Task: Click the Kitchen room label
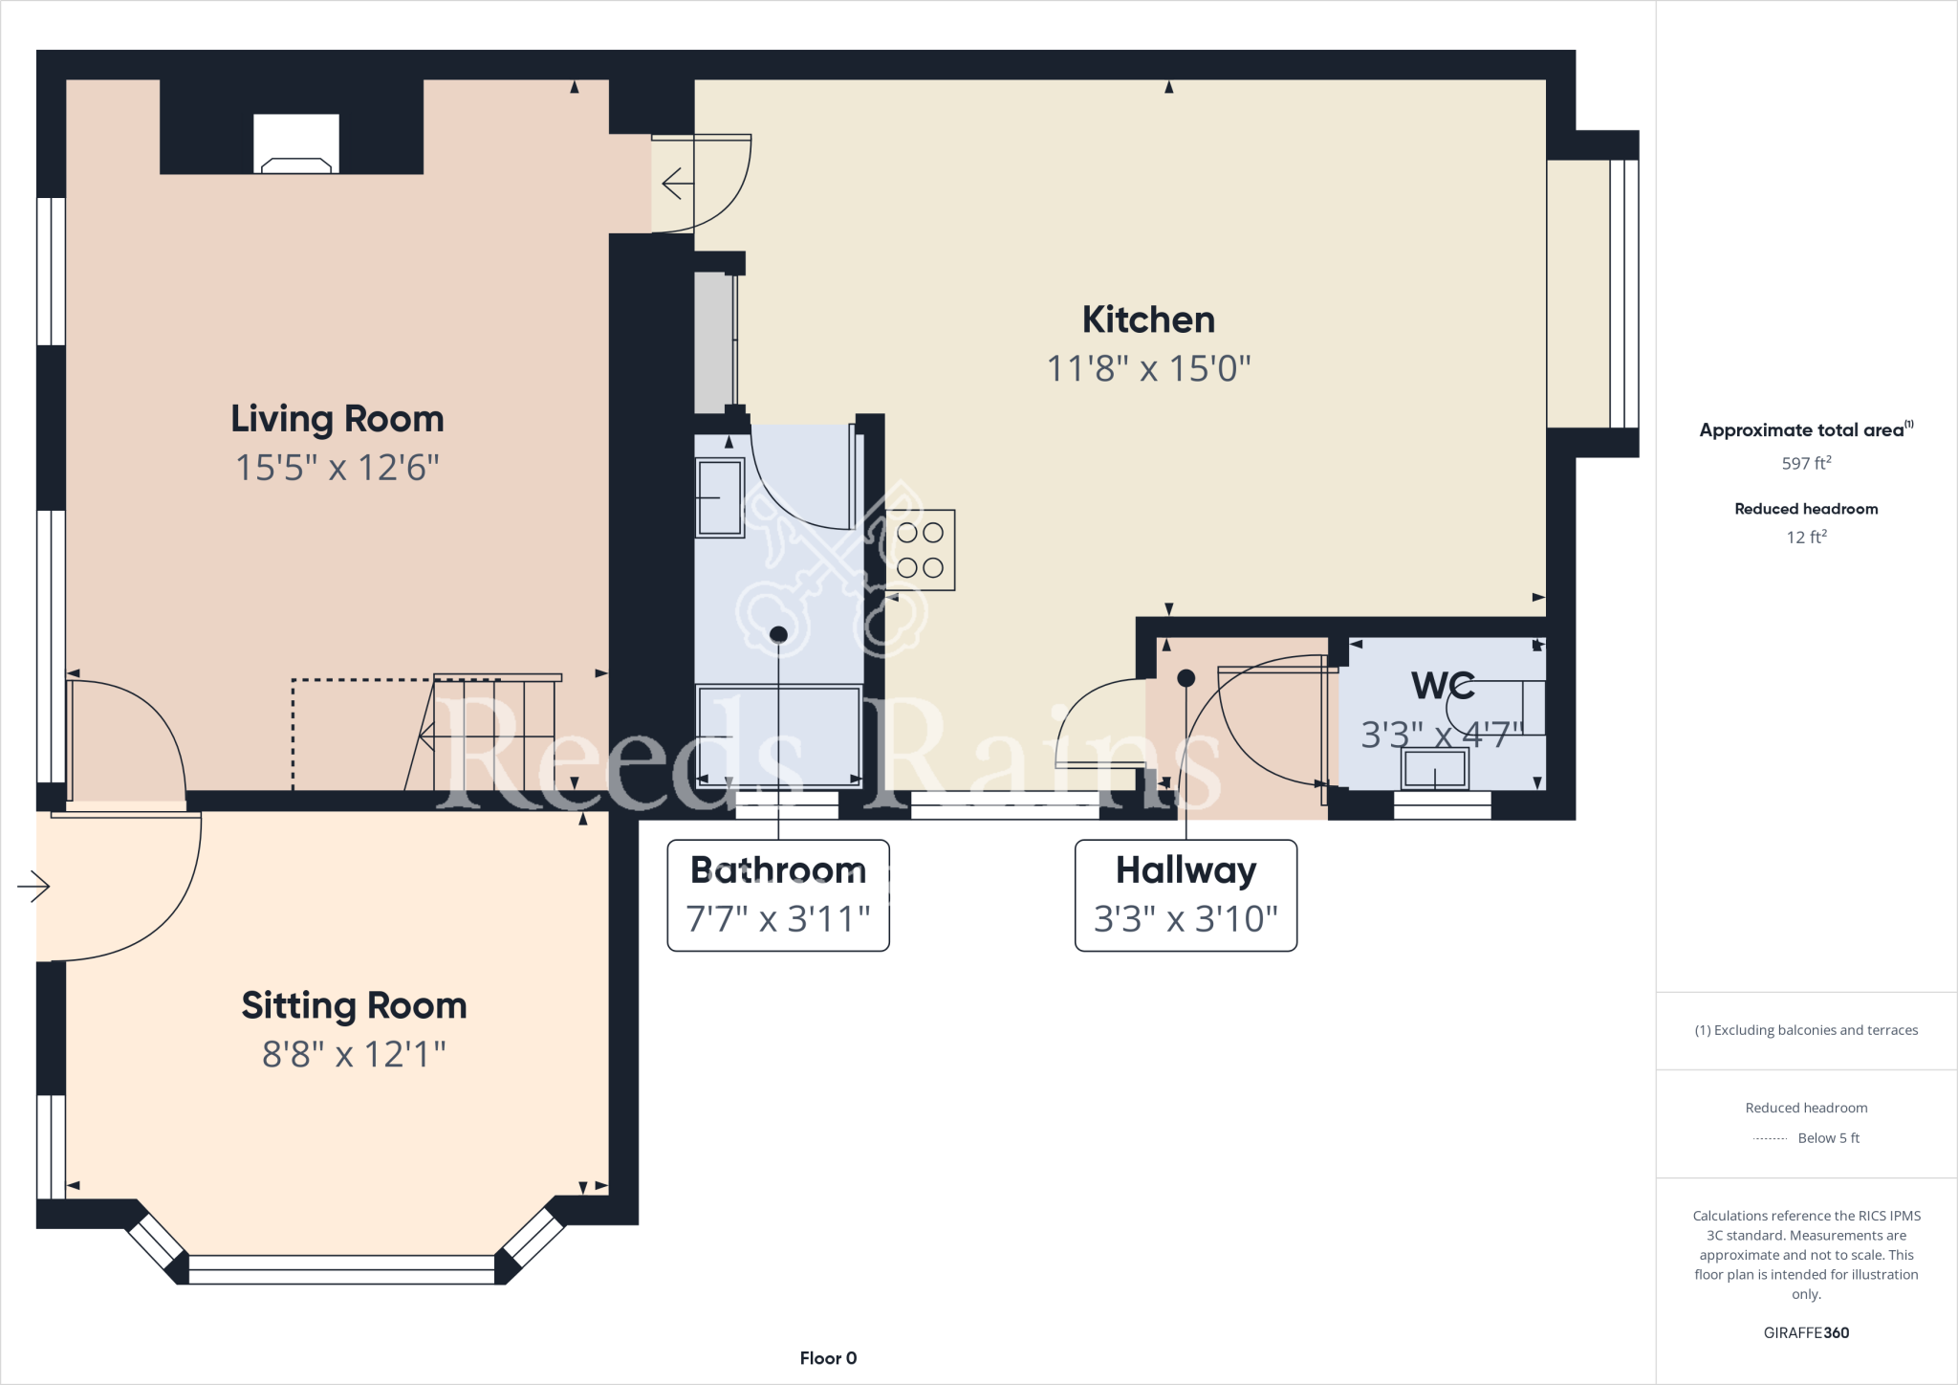pyautogui.click(x=1148, y=319)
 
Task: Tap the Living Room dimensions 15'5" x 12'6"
pyautogui.click(x=337, y=468)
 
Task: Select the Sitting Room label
pyautogui.click(x=354, y=1005)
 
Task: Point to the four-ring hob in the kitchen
pyautogui.click(x=920, y=550)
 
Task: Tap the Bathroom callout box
pyautogui.click(x=778, y=895)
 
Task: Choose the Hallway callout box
pyautogui.click(x=1186, y=895)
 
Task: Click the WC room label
pyautogui.click(x=1442, y=685)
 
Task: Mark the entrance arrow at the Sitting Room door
pyautogui.click(x=33, y=887)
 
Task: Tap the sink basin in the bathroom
pyautogui.click(x=720, y=497)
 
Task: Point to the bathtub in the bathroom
pyautogui.click(x=778, y=736)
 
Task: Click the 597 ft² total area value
pyautogui.click(x=1805, y=463)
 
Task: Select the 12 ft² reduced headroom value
pyautogui.click(x=1805, y=537)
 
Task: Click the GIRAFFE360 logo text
pyautogui.click(x=1805, y=1332)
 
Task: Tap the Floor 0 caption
pyautogui.click(x=828, y=1358)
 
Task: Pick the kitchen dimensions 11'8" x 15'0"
pyautogui.click(x=1148, y=368)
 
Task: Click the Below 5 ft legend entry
pyautogui.click(x=1827, y=1138)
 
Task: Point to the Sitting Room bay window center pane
pyautogui.click(x=341, y=1269)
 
